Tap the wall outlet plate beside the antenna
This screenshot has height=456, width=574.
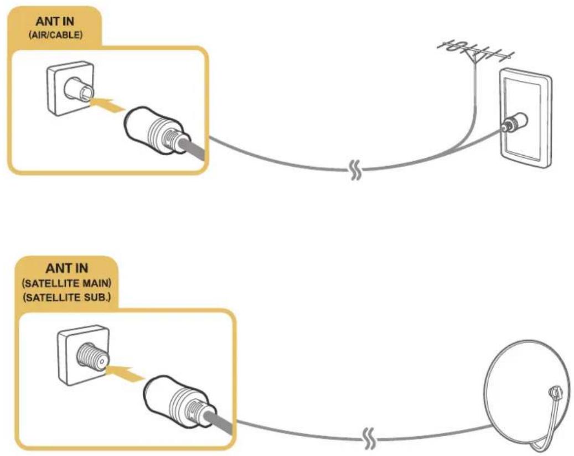526,118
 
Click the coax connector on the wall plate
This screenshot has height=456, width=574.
514,123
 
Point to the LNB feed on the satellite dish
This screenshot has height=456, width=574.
556,393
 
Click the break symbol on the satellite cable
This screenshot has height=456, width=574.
368,439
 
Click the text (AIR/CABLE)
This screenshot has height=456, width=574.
56,35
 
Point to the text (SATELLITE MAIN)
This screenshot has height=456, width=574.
66,283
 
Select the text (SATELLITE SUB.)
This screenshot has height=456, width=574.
66,297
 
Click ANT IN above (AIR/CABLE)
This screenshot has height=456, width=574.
55,21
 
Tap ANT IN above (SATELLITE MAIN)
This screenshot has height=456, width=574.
66,268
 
